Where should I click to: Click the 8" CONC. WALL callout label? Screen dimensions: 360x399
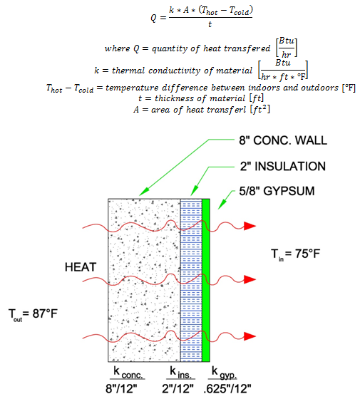pyautogui.click(x=283, y=140)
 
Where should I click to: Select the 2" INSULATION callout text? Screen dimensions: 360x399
pyautogui.click(x=283, y=167)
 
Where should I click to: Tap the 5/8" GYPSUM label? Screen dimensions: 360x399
pyautogui.click(x=277, y=191)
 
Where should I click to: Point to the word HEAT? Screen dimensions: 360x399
pyautogui.click(x=81, y=267)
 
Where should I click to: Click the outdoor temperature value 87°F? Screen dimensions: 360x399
pyautogui.click(x=45, y=313)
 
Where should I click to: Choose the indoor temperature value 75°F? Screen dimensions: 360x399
pyautogui.click(x=307, y=254)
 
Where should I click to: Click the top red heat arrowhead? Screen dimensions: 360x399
pyautogui.click(x=250, y=226)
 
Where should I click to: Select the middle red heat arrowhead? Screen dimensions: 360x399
pyautogui.click(x=250, y=279)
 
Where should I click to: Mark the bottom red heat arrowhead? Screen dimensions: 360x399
pyautogui.click(x=250, y=336)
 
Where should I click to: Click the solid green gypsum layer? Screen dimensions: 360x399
pyautogui.click(x=206, y=280)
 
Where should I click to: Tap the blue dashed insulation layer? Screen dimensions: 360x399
pyautogui.click(x=191, y=280)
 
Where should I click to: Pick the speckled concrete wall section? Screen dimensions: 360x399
pyautogui.click(x=144, y=280)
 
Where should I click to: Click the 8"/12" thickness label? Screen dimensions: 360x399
pyautogui.click(x=121, y=388)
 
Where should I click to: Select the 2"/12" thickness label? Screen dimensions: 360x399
pyautogui.click(x=178, y=388)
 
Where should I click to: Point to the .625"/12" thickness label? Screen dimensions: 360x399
pyautogui.click(x=227, y=388)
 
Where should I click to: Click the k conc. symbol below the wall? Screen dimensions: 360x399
pyautogui.click(x=128, y=372)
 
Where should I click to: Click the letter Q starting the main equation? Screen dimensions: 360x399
pyautogui.click(x=153, y=18)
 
